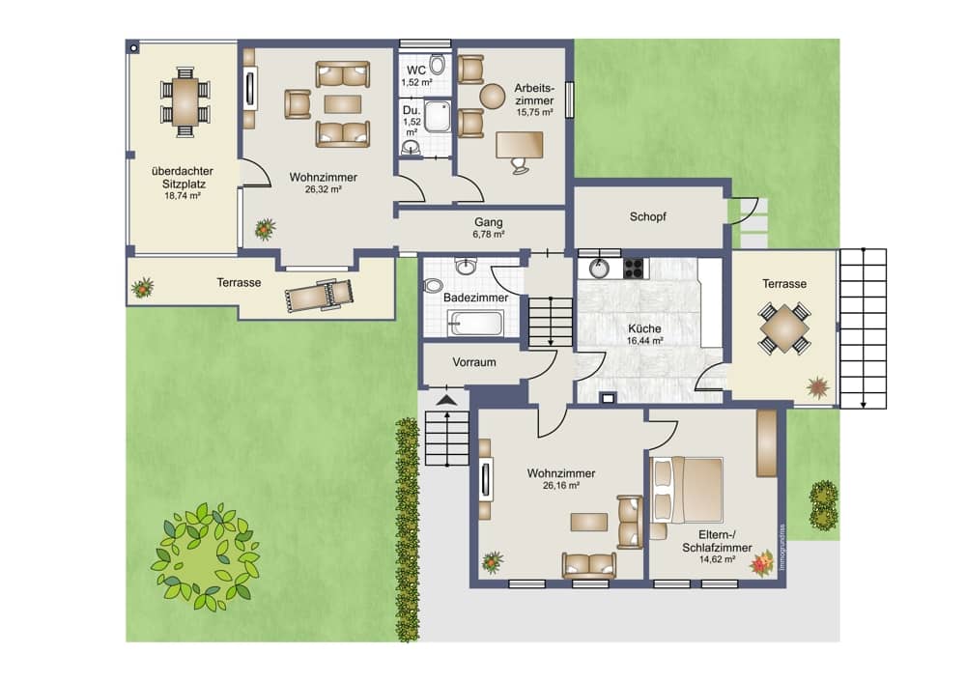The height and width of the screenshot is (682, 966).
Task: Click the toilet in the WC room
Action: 438,64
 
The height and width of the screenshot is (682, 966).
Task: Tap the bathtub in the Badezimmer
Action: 475,323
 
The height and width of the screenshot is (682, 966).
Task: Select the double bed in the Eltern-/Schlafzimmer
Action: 687,490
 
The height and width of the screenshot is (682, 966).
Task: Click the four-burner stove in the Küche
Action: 634,268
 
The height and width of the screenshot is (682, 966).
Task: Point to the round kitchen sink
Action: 598,269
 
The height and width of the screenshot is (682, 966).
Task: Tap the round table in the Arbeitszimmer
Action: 493,96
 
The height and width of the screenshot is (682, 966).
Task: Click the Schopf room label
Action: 647,216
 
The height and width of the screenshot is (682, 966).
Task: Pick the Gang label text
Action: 489,222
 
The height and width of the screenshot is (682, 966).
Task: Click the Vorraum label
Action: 474,362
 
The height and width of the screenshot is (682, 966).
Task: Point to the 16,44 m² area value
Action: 645,341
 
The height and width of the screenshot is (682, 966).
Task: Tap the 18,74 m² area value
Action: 183,196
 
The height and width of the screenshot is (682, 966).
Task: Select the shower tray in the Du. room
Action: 437,117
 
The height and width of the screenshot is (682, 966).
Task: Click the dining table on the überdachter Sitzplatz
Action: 185,101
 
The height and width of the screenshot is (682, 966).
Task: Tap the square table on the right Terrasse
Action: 784,327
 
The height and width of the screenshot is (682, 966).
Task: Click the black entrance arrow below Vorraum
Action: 447,401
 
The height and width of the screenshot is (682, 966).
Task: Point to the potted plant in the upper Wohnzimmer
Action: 265,229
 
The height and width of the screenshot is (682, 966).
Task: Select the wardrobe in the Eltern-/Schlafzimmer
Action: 766,443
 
